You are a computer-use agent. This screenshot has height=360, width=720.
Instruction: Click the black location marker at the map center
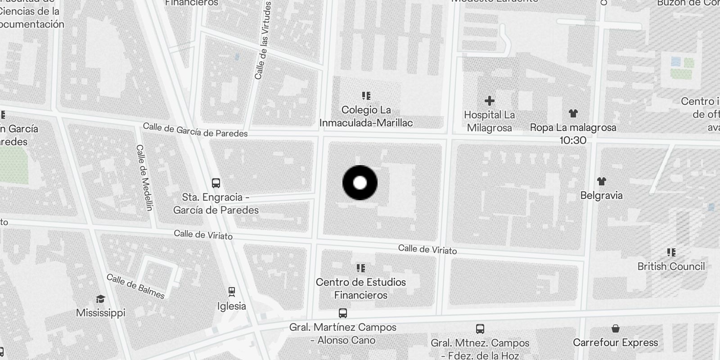(x=360, y=183)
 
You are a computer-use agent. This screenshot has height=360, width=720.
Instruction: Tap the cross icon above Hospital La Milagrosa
(x=490, y=101)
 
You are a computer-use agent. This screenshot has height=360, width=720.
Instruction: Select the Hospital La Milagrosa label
(x=490, y=121)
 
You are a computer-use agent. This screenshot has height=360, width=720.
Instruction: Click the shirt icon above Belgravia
(x=602, y=181)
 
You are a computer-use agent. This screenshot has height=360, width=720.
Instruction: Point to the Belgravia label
(x=602, y=195)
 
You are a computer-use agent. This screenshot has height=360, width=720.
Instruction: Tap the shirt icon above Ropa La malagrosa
(x=573, y=113)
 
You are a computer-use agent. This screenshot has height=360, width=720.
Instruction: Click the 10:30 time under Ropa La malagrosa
(x=573, y=140)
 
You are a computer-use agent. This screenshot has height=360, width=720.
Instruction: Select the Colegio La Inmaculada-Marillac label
(x=366, y=117)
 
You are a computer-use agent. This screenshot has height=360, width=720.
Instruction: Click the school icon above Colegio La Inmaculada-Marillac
(x=366, y=96)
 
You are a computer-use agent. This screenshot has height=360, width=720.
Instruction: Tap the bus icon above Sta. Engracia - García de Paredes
(x=216, y=183)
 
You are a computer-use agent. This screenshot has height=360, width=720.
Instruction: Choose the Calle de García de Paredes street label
(x=195, y=130)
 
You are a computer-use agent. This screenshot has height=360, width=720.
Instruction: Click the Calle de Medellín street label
(x=145, y=177)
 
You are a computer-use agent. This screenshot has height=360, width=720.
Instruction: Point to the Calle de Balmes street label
(x=135, y=286)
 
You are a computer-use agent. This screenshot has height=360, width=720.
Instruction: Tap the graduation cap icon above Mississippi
(x=100, y=299)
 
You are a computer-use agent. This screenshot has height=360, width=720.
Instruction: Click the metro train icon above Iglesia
(x=232, y=292)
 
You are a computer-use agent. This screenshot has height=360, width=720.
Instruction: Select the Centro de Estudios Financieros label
(x=361, y=288)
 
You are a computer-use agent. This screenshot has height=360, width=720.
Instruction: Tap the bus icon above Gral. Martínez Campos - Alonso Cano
(x=343, y=313)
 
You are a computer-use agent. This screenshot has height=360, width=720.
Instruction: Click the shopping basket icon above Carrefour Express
(x=616, y=328)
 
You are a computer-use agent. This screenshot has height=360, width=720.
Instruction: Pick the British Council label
(x=671, y=266)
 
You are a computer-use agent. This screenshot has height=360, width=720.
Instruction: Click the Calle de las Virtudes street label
(x=263, y=40)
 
